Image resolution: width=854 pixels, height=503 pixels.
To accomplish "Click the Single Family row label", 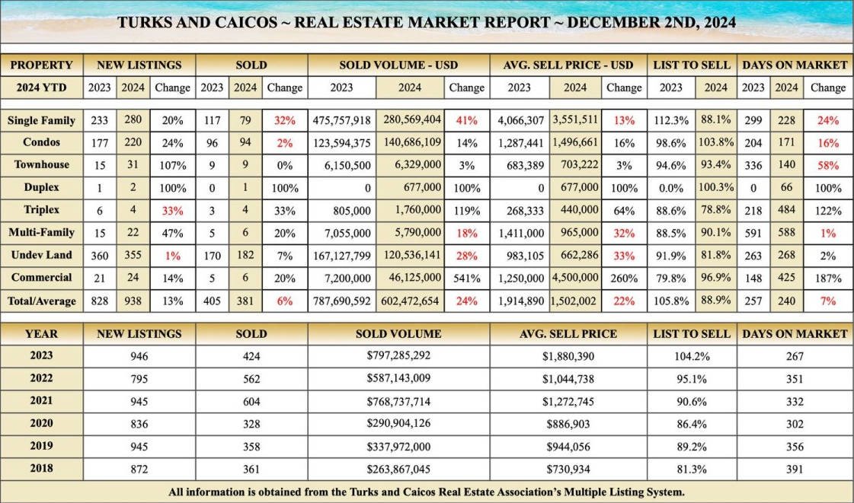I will coord(41,120).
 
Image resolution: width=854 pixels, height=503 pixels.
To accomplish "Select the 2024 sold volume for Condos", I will coord(408,142).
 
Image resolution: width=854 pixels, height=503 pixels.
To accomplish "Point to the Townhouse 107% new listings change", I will coord(172,164).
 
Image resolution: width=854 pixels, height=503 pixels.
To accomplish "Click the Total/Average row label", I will coord(41,301).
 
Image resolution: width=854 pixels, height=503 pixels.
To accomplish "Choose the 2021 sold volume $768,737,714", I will coord(398,400).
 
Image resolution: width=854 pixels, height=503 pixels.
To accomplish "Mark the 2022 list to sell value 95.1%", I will coord(692,377).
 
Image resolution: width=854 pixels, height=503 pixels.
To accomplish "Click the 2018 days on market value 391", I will coord(794,469).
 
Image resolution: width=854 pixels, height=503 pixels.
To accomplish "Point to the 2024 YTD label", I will coord(41,88).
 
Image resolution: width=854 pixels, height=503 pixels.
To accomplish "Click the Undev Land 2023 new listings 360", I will coord(99,256).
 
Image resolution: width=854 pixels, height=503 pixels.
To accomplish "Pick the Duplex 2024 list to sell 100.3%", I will coord(715,187).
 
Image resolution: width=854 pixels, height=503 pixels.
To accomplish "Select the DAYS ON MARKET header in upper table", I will coord(794,65).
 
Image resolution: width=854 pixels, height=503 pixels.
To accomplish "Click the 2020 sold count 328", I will coord(251,423).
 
